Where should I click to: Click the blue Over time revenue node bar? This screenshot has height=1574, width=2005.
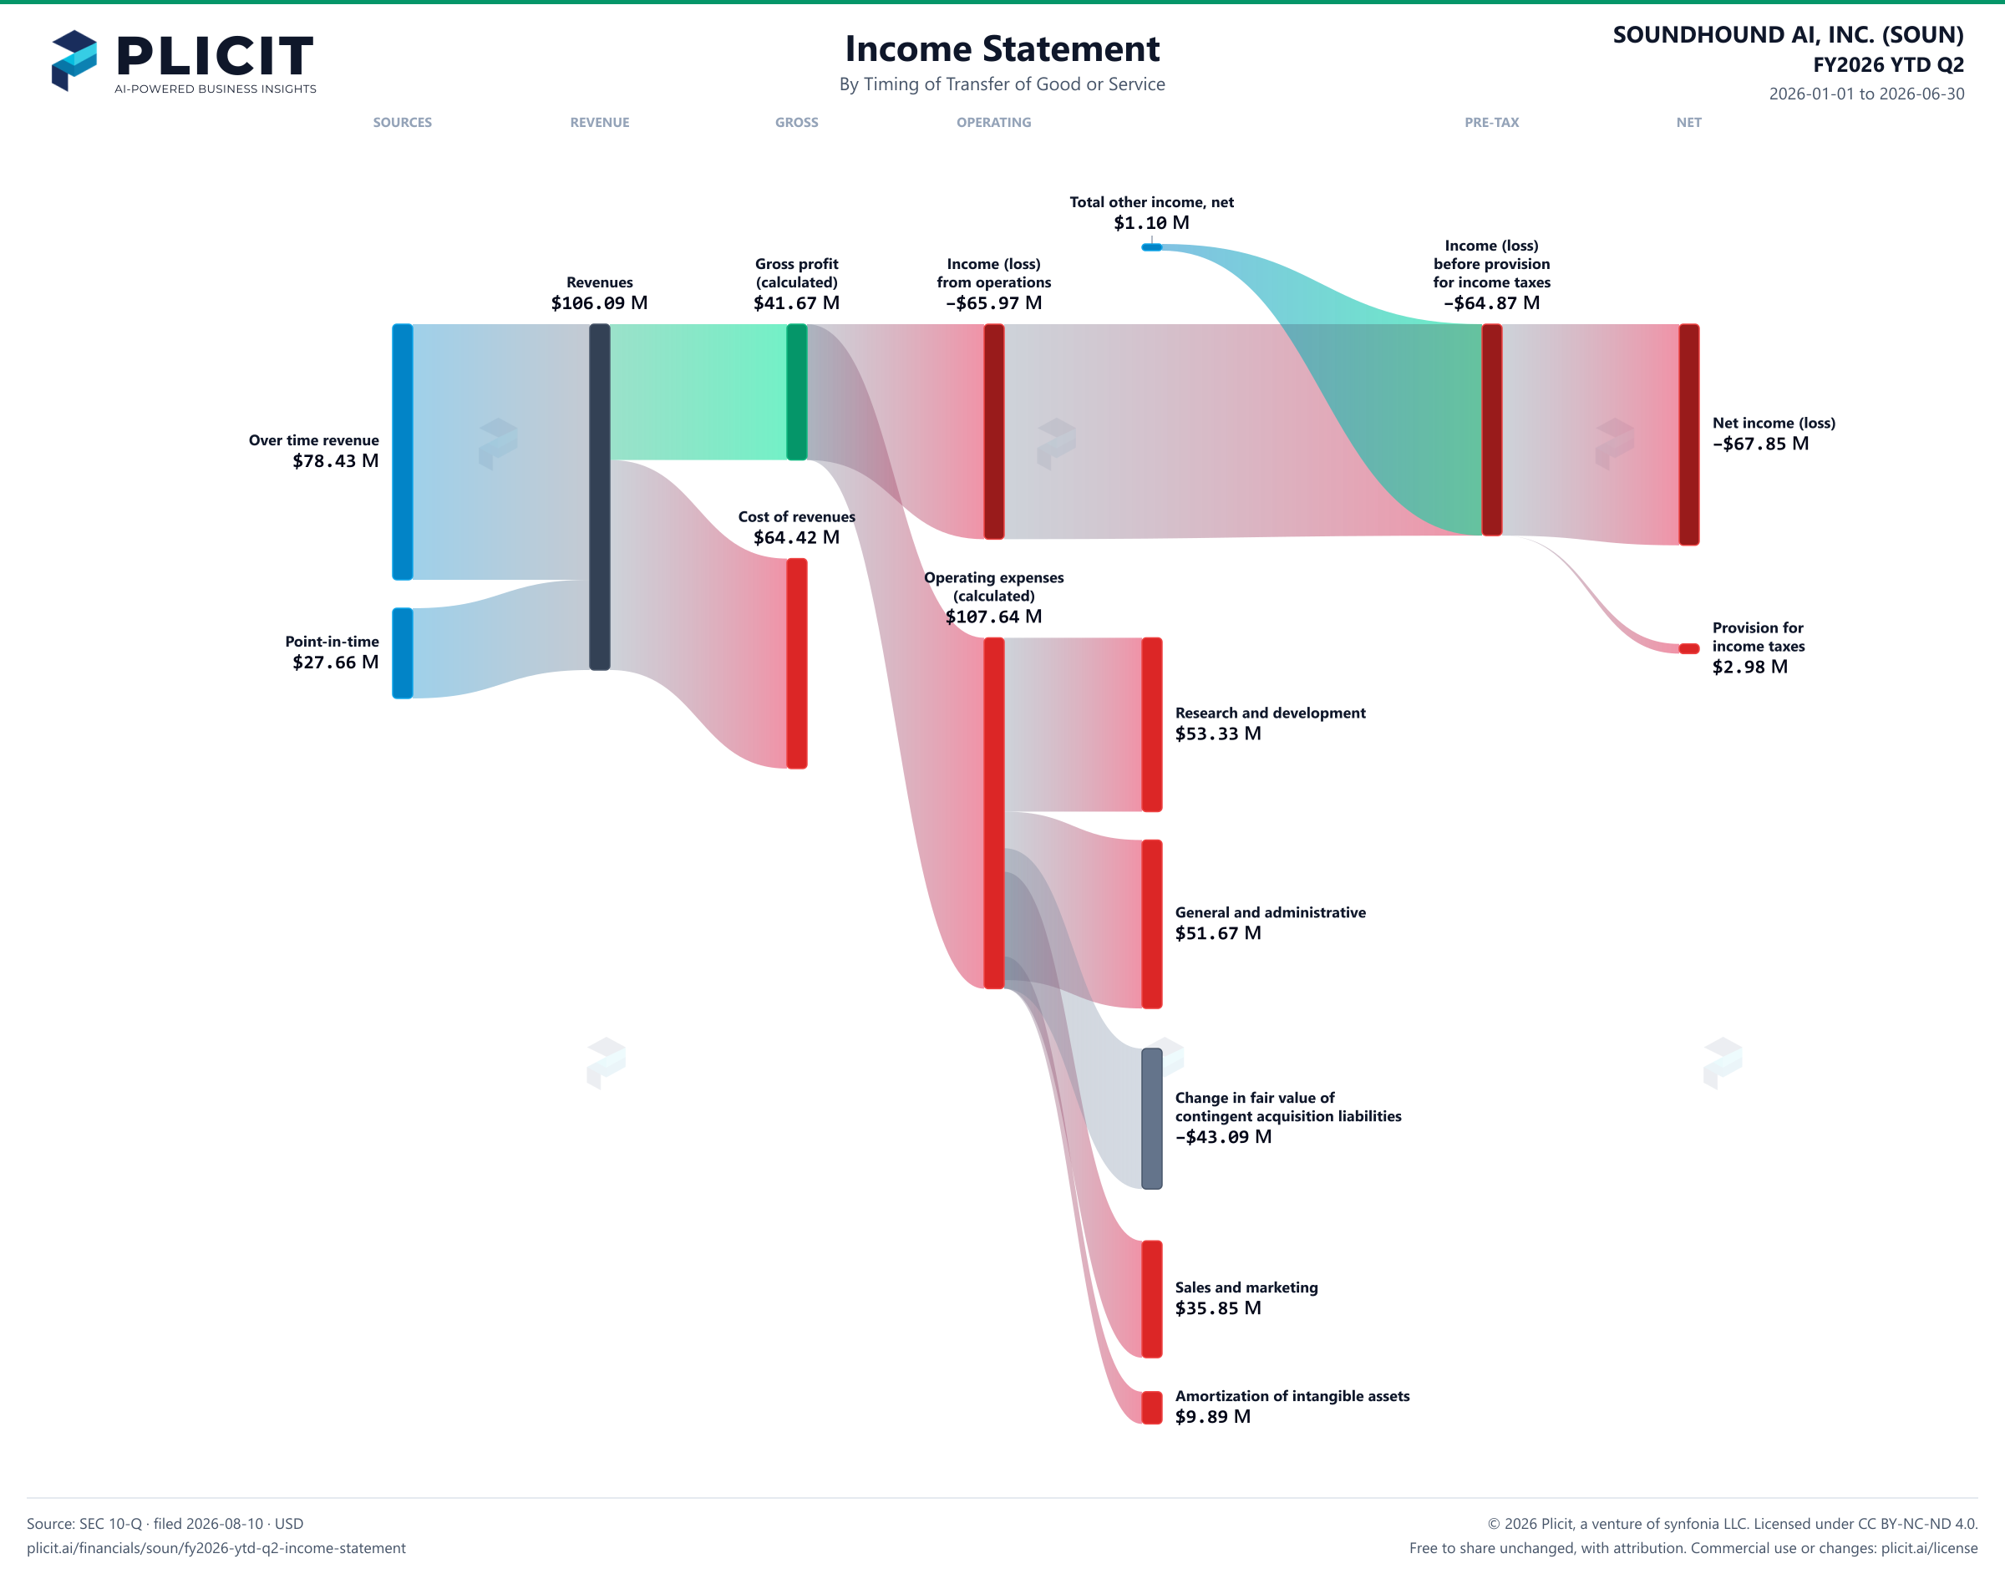point(403,451)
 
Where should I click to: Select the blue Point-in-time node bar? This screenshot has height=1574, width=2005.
point(403,653)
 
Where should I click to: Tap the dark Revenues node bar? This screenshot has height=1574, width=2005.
point(600,497)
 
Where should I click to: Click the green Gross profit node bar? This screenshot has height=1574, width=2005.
point(797,392)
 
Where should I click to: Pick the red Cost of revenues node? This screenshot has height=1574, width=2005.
point(797,663)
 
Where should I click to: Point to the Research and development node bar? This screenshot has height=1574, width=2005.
point(1152,724)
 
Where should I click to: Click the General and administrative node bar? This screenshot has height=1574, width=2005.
point(1152,923)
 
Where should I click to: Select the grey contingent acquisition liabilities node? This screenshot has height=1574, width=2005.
point(1152,1119)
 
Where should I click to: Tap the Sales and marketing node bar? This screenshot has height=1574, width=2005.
point(1152,1299)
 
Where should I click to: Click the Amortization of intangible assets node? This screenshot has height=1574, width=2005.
point(1152,1407)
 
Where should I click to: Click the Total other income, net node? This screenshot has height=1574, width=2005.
point(1152,247)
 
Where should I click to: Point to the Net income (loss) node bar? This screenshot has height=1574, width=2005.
point(1689,434)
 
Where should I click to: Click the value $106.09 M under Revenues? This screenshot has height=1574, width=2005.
point(600,303)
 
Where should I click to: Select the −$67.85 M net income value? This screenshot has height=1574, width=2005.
point(1761,444)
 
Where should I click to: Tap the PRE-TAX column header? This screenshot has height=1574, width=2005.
point(1492,123)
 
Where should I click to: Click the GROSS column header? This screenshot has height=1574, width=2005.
point(797,123)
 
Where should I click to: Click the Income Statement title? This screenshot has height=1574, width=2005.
point(1002,48)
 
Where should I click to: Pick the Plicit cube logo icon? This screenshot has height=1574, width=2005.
point(74,61)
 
